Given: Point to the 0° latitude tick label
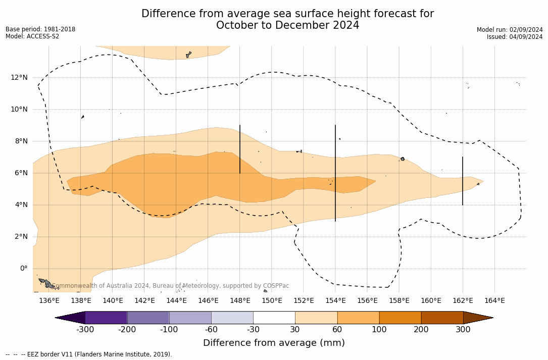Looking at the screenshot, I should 23,269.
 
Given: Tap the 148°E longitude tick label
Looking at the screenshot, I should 240,301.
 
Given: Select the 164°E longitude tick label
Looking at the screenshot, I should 494,301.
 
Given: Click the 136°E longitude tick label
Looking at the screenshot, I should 49,301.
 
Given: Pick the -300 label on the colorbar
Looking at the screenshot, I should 85,330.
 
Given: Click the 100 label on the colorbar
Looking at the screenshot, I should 379,330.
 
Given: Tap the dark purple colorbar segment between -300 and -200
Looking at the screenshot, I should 106,318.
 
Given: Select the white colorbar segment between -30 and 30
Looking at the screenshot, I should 274,318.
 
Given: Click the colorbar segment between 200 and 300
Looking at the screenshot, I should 442,318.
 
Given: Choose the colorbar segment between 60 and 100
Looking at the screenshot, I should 358,318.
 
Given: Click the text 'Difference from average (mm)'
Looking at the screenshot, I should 274,343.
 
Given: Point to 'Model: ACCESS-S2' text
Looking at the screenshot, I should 32,36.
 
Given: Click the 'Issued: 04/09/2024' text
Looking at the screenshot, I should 515,37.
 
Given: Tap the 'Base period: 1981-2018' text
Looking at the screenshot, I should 40,29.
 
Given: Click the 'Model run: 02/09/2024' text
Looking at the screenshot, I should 510,30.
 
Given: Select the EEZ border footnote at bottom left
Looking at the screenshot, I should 89,354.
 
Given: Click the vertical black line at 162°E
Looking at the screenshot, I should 463,181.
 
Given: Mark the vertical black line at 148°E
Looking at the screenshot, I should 240,149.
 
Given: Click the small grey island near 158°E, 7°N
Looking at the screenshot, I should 403,159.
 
